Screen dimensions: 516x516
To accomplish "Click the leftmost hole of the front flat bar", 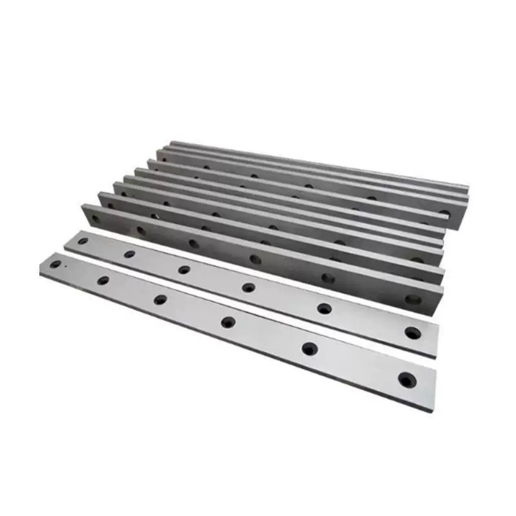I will (x=55, y=265).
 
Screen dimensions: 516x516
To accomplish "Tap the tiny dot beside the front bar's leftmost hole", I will (x=65, y=266).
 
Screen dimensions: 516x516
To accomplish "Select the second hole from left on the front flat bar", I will (x=103, y=280).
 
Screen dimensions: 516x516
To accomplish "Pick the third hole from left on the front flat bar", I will (x=160, y=300).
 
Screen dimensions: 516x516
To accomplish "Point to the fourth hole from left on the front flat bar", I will (x=228, y=322).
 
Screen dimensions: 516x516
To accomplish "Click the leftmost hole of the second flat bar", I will (x=83, y=241).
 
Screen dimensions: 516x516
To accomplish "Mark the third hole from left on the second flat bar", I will (x=184, y=270).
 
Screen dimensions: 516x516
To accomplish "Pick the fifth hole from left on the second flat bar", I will (x=324, y=308).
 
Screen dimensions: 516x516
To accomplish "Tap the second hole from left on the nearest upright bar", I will (x=141, y=231).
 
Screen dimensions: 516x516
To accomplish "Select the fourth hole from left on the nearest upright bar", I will (x=255, y=259).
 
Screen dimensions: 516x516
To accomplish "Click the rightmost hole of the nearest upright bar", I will (x=413, y=300).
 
